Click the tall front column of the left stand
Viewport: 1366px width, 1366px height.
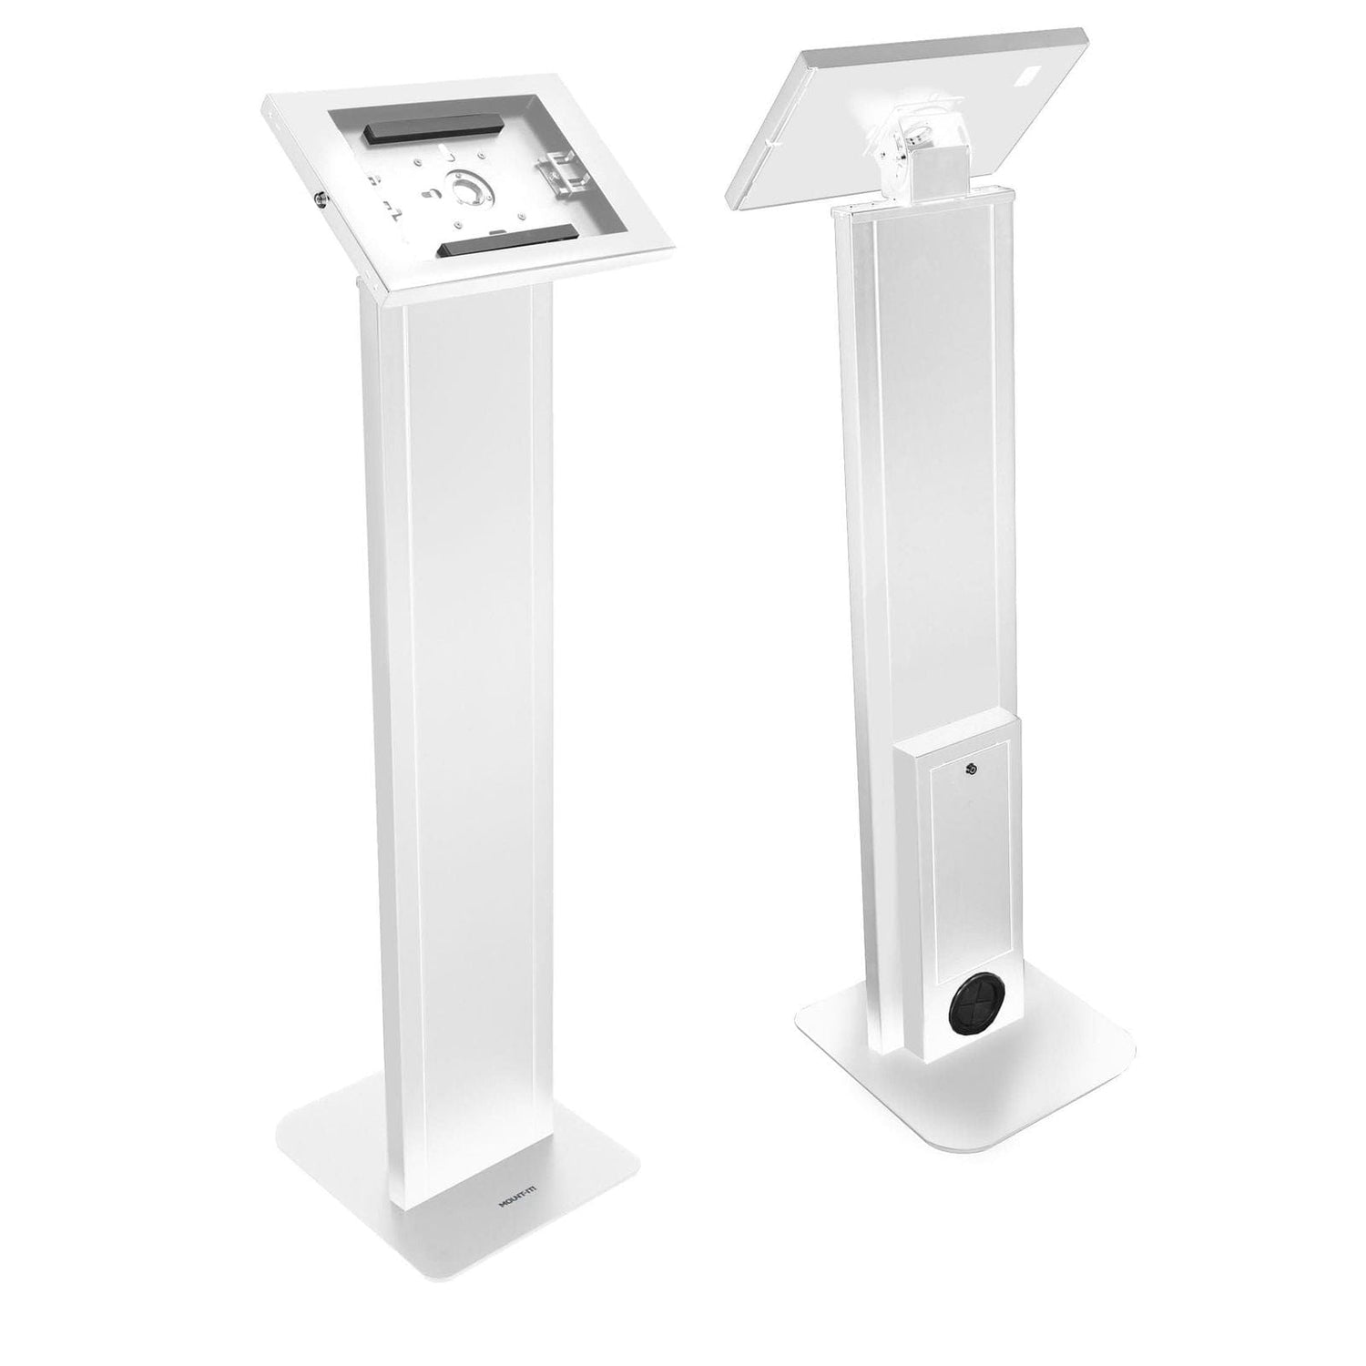point(464,729)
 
